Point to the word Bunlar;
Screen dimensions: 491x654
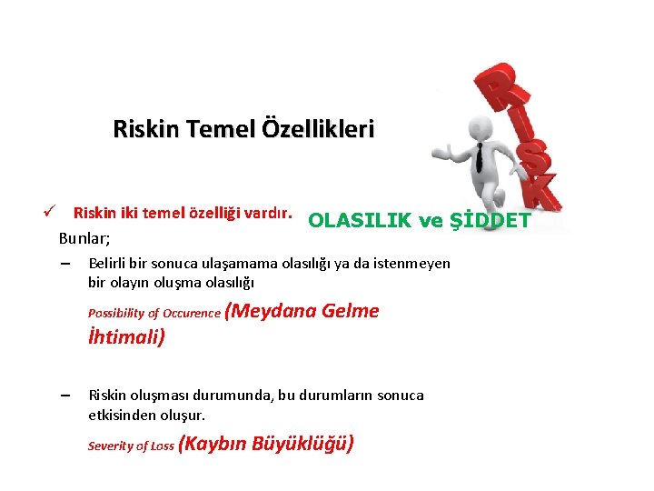pos(84,239)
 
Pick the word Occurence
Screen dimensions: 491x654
pos(192,314)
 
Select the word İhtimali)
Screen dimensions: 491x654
pos(126,337)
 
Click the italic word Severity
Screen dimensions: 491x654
pos(110,446)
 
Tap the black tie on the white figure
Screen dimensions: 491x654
pos(479,158)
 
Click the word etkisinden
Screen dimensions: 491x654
pos(120,415)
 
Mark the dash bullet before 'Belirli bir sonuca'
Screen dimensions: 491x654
pos(65,264)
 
